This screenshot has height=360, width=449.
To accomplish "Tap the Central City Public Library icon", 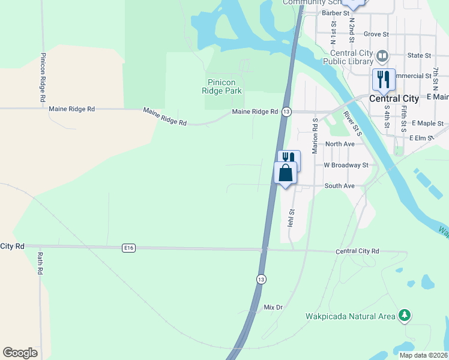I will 383,57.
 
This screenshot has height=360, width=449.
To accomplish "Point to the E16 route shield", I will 127,247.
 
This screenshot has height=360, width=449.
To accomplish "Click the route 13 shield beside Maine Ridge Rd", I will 286,112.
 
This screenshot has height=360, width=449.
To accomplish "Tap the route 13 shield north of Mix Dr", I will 261,280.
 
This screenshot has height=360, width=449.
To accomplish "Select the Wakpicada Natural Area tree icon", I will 405,315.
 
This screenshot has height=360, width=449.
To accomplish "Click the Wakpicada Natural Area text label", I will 351,316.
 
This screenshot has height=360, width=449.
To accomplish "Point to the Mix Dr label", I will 273,307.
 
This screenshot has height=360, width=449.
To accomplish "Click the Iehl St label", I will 292,217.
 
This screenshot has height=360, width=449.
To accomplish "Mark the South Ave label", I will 340,186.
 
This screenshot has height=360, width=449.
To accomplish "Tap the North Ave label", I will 340,144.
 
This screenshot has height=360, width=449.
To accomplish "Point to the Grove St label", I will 376,34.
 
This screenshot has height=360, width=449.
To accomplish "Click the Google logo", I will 20,353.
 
